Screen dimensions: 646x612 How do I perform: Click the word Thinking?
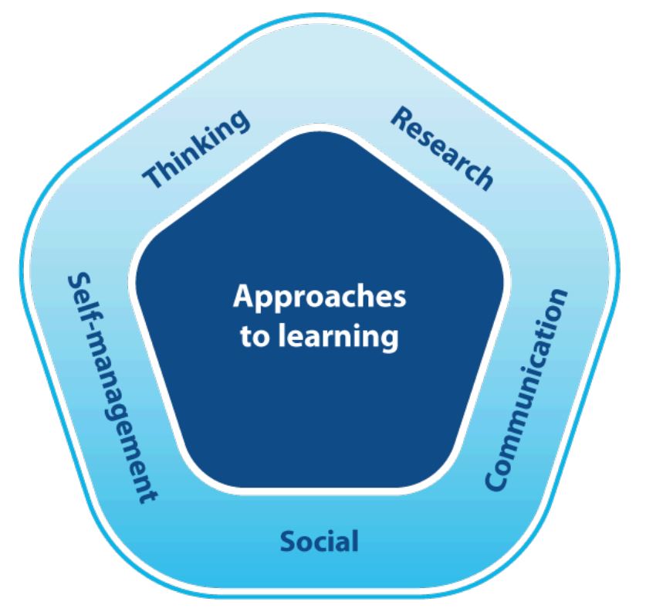coord(197,148)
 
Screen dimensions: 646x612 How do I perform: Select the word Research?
coord(441,148)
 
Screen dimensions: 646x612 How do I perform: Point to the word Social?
coord(320,541)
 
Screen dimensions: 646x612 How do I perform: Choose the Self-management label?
coord(112,388)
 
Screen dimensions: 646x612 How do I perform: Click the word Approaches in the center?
coord(320,297)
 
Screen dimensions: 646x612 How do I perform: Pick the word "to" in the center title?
coord(255,336)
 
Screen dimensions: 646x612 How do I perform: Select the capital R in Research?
coord(401,117)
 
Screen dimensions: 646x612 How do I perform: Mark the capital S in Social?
coord(288,542)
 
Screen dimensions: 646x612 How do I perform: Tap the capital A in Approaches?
coord(244,295)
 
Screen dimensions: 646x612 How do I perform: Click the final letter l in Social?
coord(355,541)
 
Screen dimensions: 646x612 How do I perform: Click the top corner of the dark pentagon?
coord(320,131)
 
